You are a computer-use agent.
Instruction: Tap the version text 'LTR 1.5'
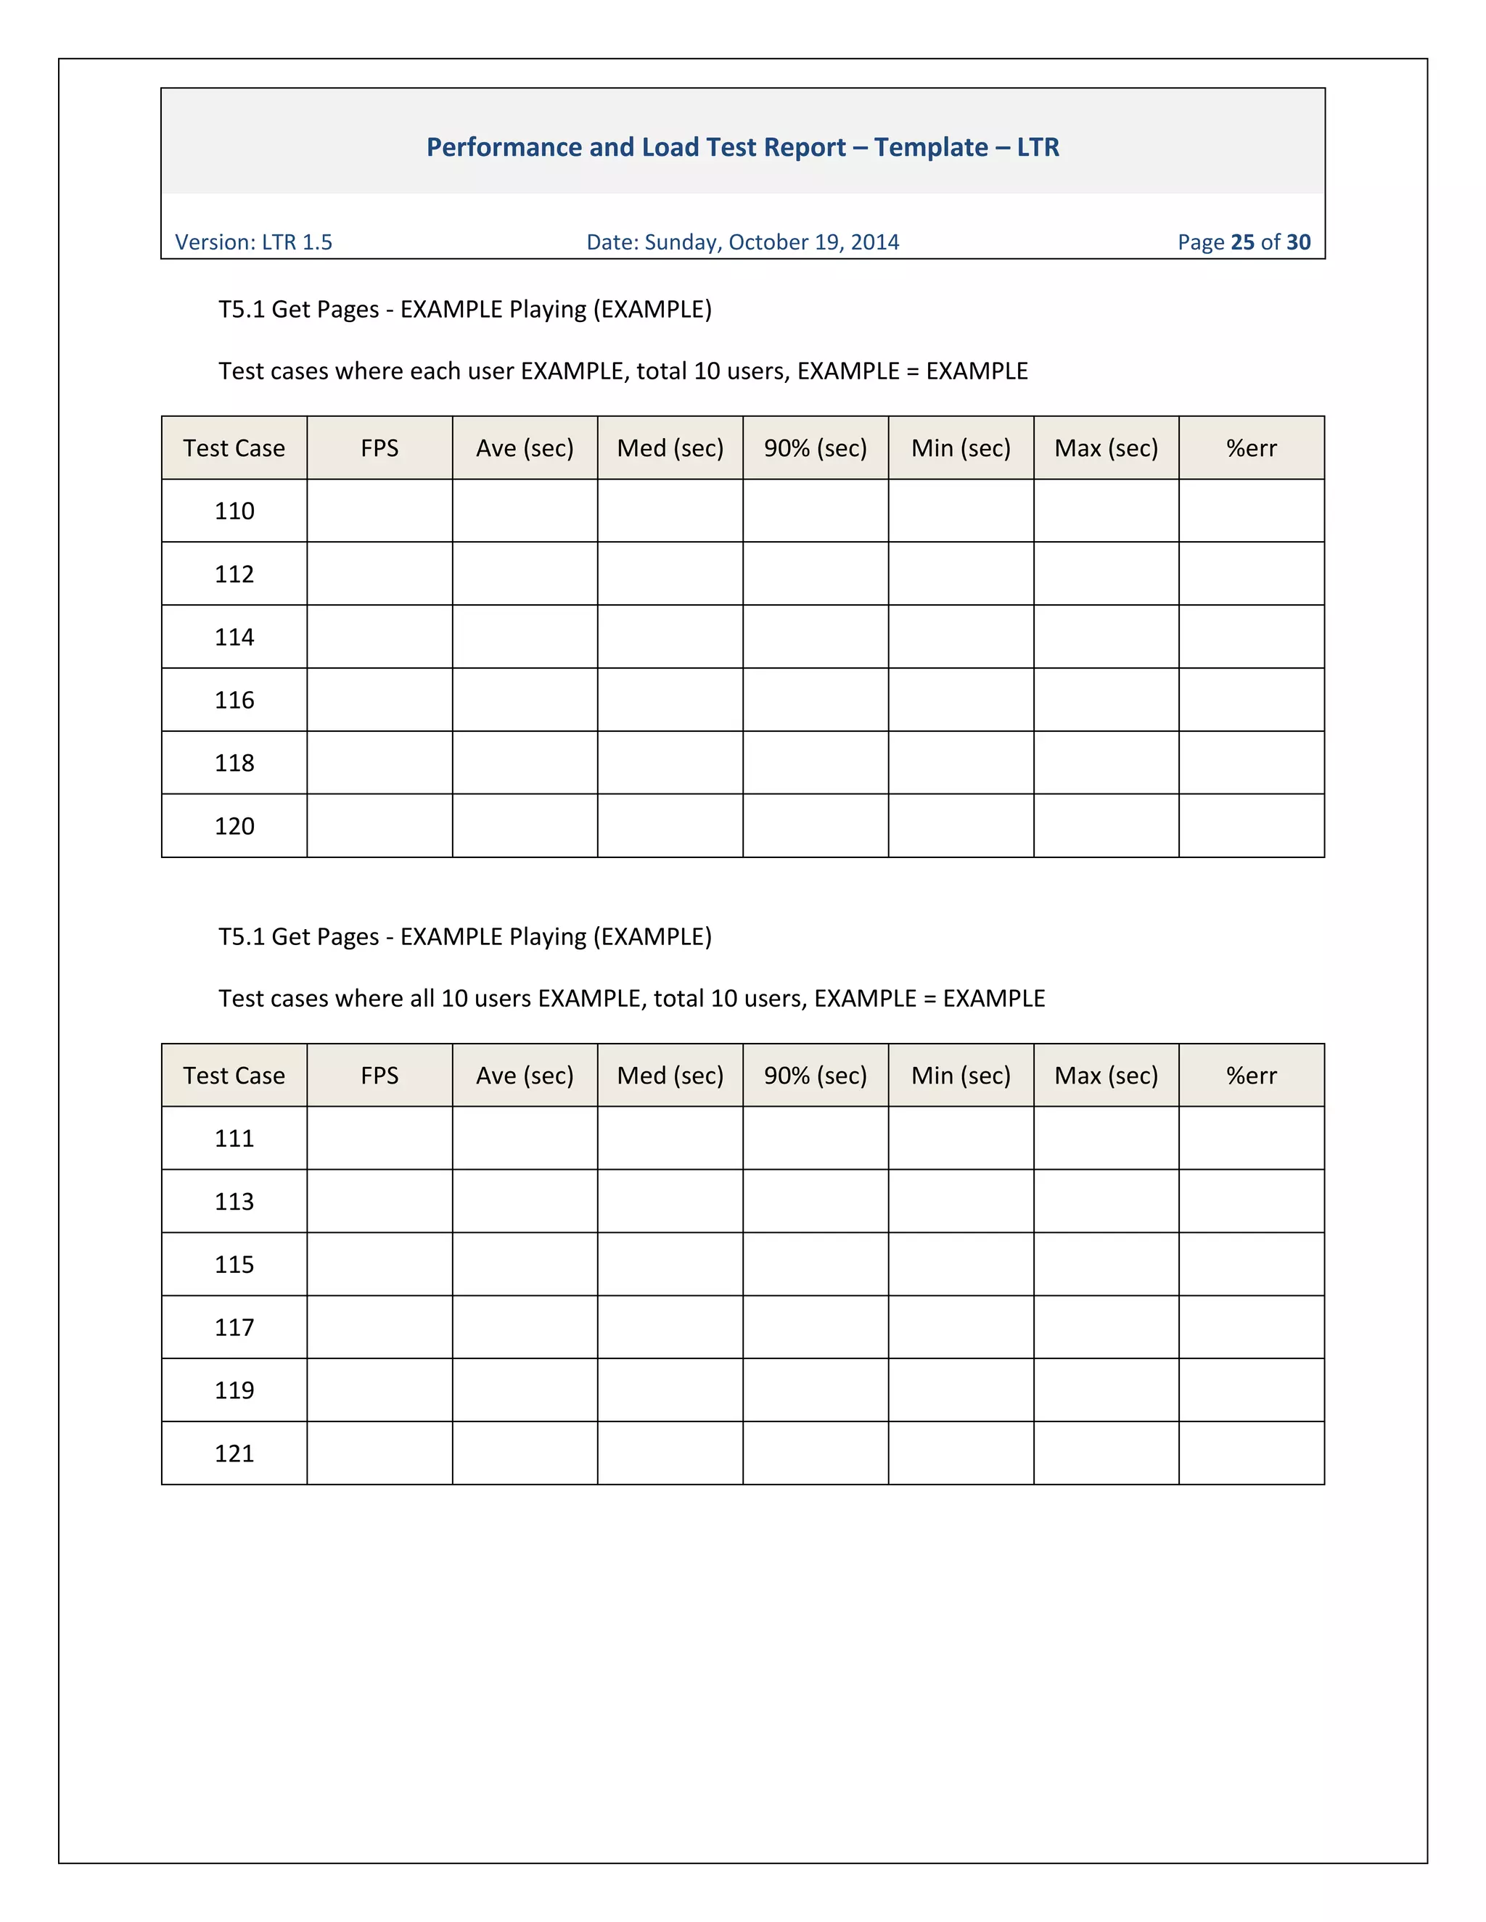(297, 242)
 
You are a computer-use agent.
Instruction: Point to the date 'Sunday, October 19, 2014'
(771, 242)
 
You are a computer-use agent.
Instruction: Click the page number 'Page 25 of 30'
(1243, 242)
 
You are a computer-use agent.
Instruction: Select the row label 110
(234, 511)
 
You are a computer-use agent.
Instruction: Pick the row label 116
(234, 701)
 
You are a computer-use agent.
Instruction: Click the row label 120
(234, 826)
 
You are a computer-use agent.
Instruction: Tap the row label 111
(234, 1139)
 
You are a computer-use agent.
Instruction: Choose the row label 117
(234, 1328)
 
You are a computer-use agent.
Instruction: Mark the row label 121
(234, 1453)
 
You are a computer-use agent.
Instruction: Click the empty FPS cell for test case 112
(379, 574)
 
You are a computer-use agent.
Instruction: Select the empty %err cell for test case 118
(1251, 763)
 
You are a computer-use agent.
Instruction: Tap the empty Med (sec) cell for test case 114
(670, 637)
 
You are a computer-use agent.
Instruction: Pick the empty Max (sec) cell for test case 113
(1106, 1201)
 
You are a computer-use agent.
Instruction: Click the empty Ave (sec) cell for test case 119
(525, 1390)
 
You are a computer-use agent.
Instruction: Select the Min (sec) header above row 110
(961, 449)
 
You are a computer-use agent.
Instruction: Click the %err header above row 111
(1251, 1076)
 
